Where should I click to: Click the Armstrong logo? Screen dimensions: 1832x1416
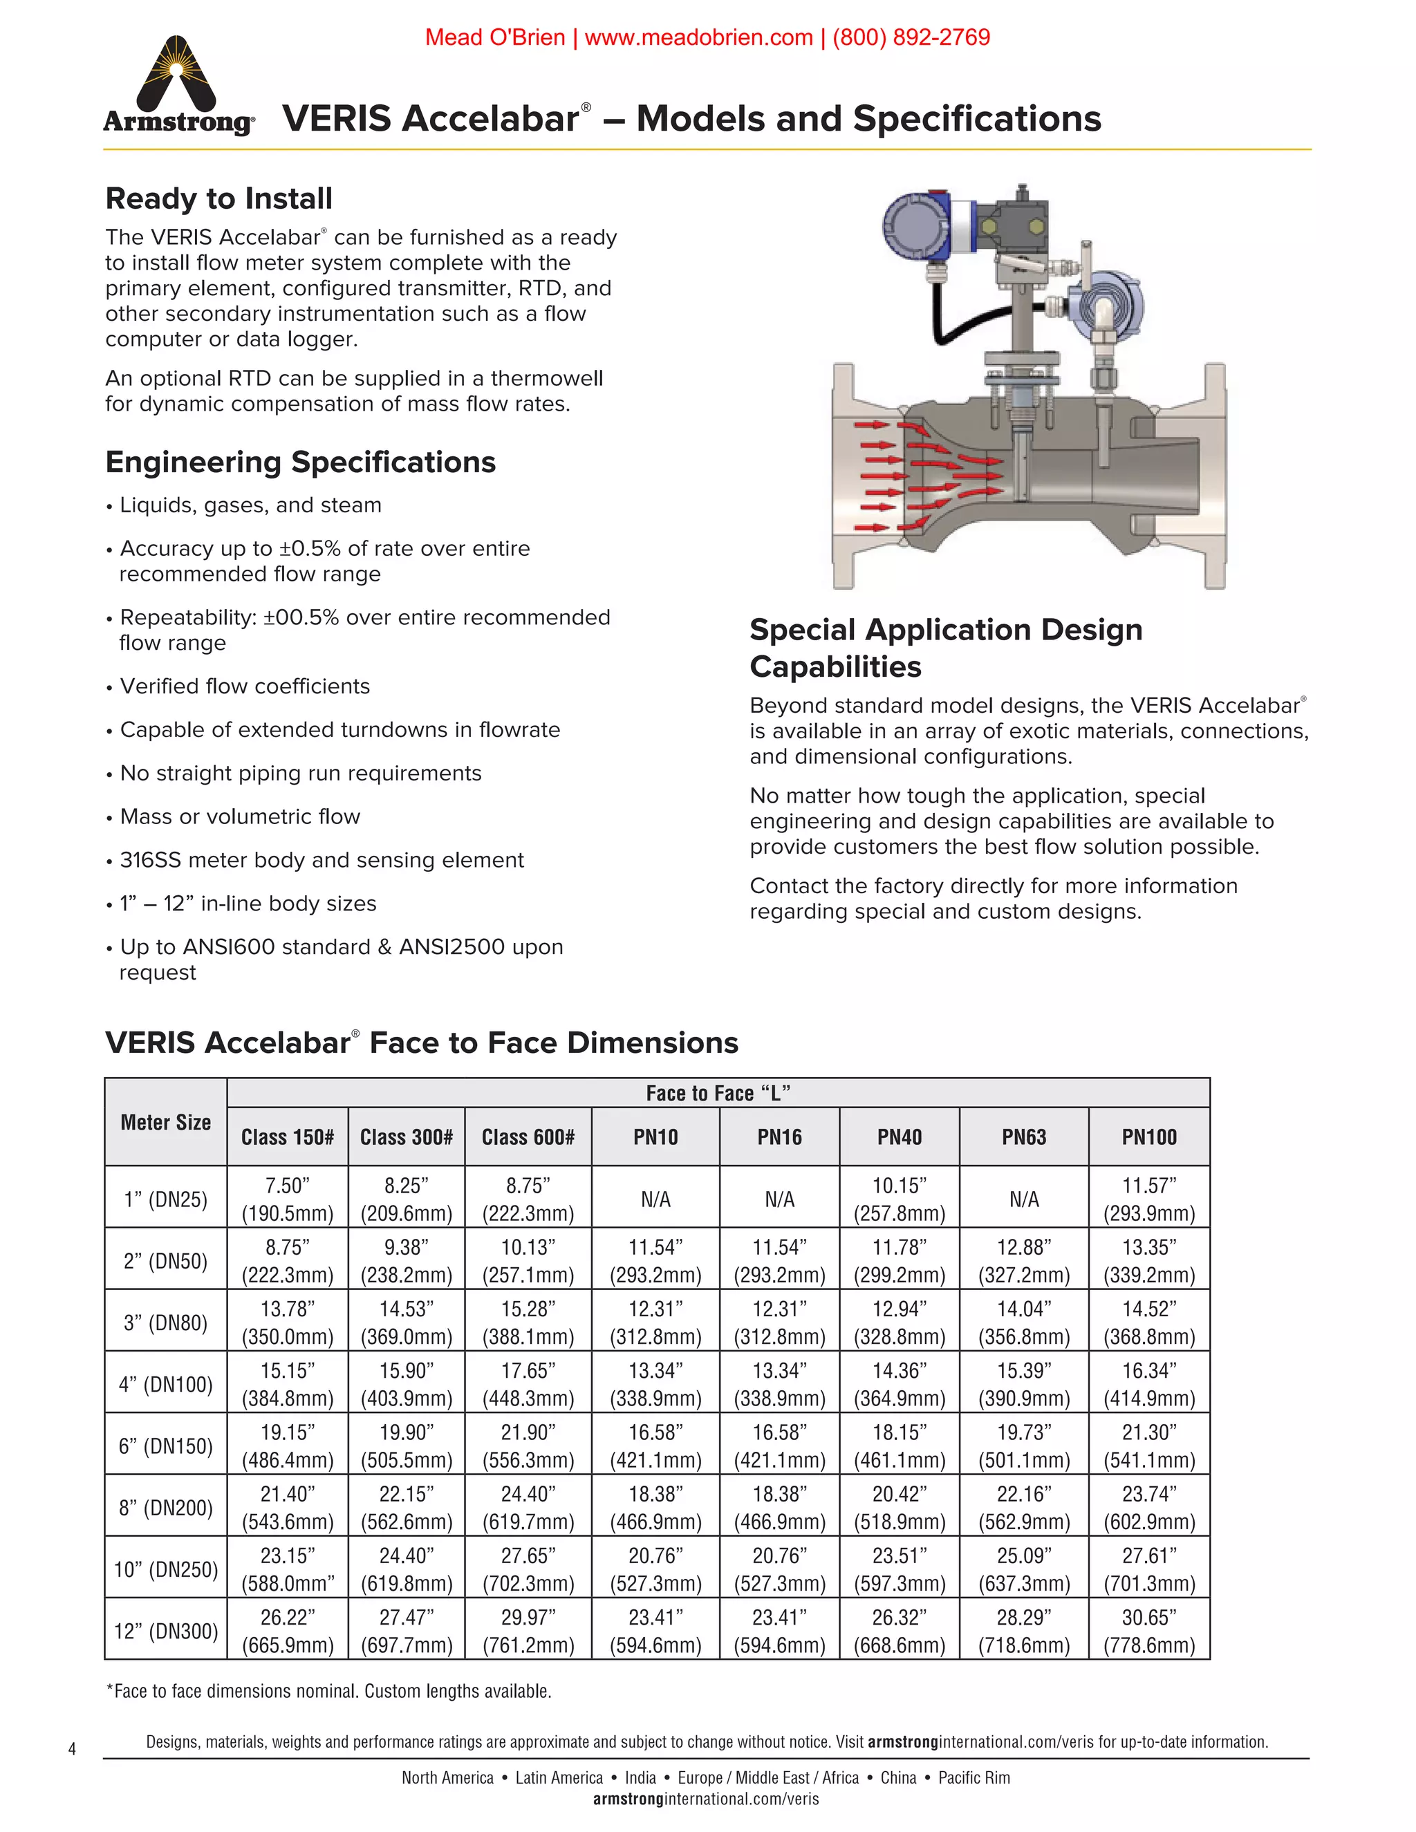tap(178, 86)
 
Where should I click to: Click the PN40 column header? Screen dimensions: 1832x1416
tap(900, 1137)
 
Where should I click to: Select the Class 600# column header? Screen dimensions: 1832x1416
tap(528, 1137)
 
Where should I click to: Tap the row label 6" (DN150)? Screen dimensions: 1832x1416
tap(165, 1446)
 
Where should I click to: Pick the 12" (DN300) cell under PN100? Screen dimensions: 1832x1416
tap(1149, 1631)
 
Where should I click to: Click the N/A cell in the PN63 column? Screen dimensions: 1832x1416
tap(1023, 1199)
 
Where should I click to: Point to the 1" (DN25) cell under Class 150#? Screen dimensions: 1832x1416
tap(287, 1199)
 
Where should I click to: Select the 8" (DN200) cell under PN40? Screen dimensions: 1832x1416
tap(900, 1507)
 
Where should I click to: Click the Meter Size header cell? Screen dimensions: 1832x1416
tap(165, 1122)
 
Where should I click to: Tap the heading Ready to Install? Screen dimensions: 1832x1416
tap(219, 199)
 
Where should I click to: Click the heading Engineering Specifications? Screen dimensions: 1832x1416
tap(300, 462)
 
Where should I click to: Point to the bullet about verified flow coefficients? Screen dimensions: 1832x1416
tap(244, 686)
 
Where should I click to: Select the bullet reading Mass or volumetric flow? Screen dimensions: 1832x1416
tap(240, 816)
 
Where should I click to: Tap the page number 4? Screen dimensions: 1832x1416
tap(72, 1749)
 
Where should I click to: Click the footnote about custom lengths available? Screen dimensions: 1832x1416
tap(329, 1691)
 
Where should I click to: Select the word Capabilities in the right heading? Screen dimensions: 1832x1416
tap(835, 667)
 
